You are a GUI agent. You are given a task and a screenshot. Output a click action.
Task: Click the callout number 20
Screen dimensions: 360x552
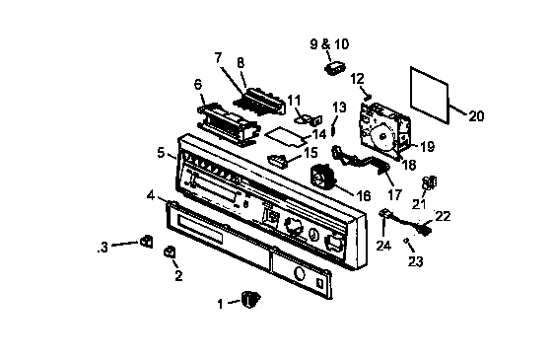[x=475, y=116]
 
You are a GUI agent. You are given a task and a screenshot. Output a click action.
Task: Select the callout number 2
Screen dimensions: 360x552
[x=178, y=277]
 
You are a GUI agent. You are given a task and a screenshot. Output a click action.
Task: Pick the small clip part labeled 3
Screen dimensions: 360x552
[x=145, y=241]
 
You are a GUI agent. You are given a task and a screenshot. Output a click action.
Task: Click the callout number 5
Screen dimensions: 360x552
[x=160, y=153]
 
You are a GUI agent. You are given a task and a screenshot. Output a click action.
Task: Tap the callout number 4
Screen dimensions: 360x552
[x=150, y=196]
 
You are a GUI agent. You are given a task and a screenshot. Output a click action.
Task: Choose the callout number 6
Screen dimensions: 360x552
[x=197, y=85]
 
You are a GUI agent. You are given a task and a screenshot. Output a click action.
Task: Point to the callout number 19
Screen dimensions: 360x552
[x=427, y=146]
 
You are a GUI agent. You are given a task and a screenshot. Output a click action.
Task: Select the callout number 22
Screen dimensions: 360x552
[x=443, y=215]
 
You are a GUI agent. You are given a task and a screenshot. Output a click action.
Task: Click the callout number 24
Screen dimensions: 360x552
[x=382, y=245]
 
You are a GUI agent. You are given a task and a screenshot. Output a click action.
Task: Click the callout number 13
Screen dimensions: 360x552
[x=338, y=107]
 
